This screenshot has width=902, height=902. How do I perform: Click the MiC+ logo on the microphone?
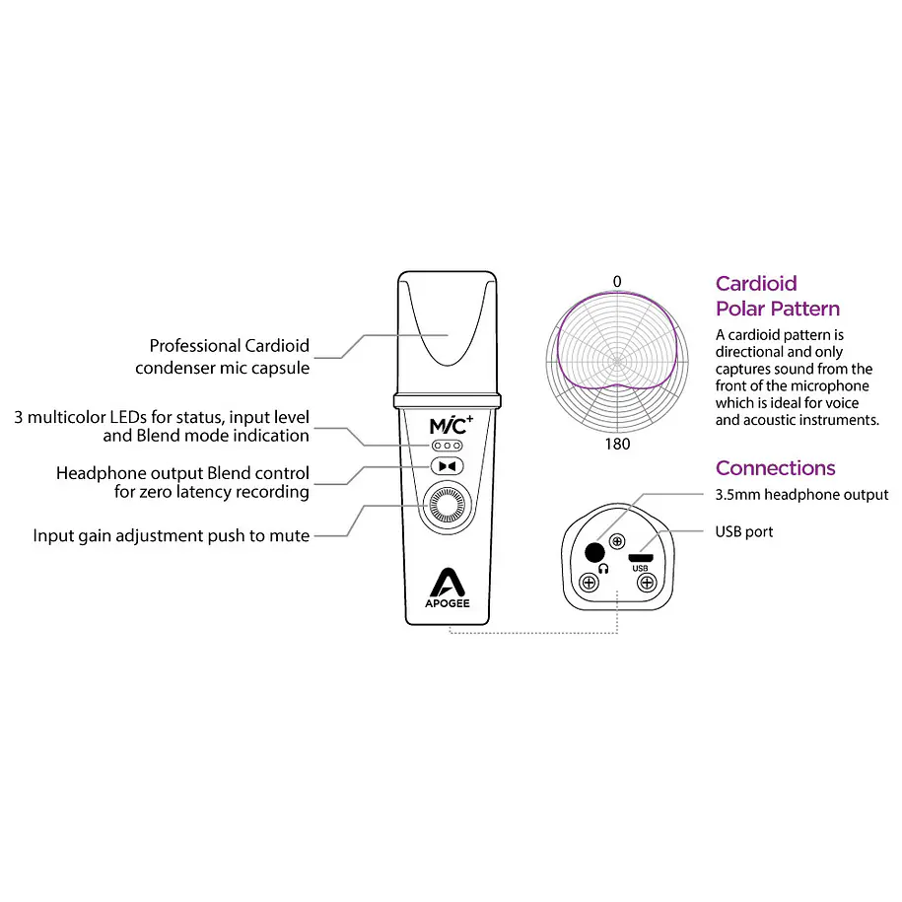point(451,425)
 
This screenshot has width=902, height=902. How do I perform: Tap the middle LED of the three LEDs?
point(447,446)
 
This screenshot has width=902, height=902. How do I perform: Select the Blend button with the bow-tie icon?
point(447,466)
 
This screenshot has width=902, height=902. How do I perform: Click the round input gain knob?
point(447,505)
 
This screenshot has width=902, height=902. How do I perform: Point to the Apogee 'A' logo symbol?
point(447,583)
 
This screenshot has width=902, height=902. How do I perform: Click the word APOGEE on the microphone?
point(447,603)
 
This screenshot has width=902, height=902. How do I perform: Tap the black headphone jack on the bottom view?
point(594,553)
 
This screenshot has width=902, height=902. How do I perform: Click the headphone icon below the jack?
point(603,569)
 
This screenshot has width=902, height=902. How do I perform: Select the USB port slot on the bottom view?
point(640,557)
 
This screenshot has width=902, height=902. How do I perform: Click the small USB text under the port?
point(640,569)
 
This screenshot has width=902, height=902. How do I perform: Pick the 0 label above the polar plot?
point(617,282)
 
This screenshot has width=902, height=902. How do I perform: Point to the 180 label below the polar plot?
point(617,444)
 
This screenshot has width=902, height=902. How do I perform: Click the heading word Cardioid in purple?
point(756,284)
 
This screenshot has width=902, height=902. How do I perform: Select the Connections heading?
point(776,468)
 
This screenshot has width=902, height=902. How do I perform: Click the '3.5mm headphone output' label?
point(801,495)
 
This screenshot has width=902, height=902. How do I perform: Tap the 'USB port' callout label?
point(744,531)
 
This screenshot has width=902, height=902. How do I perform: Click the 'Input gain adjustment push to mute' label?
point(171,535)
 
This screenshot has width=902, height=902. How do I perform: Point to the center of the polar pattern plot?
point(617,362)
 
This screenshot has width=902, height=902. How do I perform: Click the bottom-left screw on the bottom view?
point(589,583)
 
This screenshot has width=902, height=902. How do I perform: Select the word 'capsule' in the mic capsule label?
point(281,368)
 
